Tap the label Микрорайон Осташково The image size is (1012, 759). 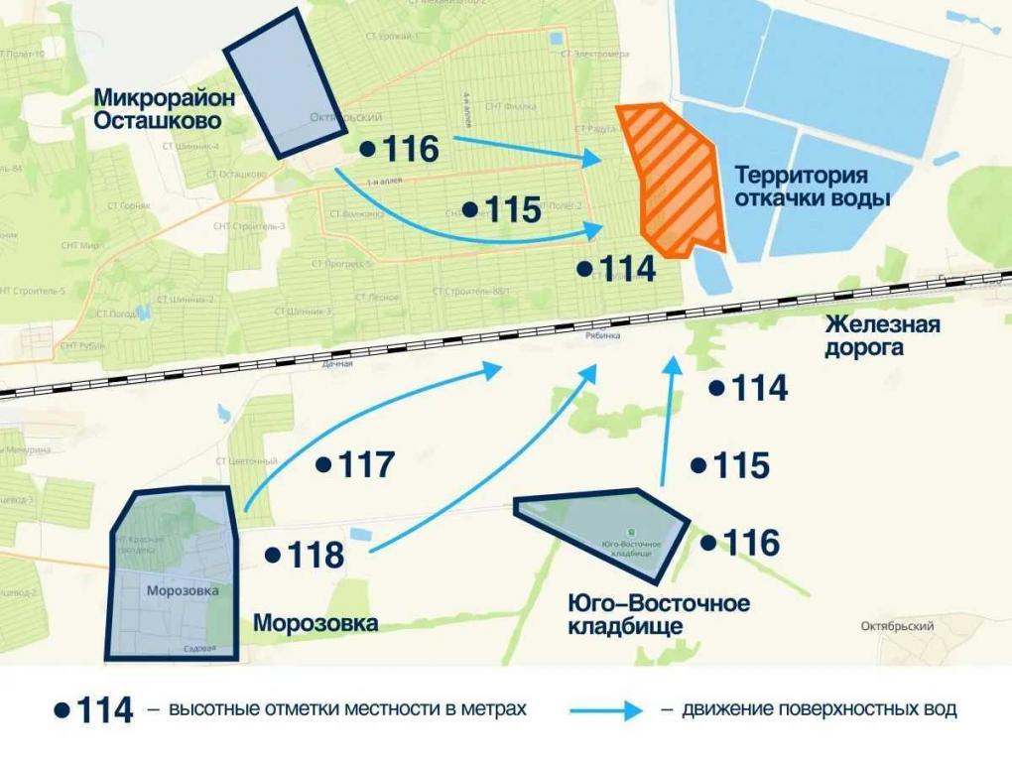[158, 109]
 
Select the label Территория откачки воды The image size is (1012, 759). [812, 187]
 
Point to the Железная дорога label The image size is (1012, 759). [881, 336]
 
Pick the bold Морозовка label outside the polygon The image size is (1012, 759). [316, 624]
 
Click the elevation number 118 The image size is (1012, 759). [316, 556]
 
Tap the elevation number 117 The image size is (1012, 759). [367, 464]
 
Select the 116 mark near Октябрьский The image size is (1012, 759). [410, 150]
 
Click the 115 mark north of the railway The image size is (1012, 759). [513, 210]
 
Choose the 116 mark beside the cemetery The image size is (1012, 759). [751, 543]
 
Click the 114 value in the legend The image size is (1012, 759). [104, 710]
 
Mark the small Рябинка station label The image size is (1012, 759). [601, 336]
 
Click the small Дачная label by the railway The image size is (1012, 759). [337, 364]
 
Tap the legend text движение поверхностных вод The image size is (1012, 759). [819, 710]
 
